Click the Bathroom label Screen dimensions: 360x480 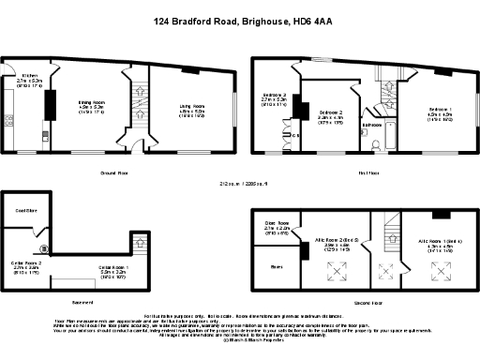[371, 124]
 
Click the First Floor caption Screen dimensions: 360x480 [367, 173]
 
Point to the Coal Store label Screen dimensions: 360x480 [25, 211]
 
